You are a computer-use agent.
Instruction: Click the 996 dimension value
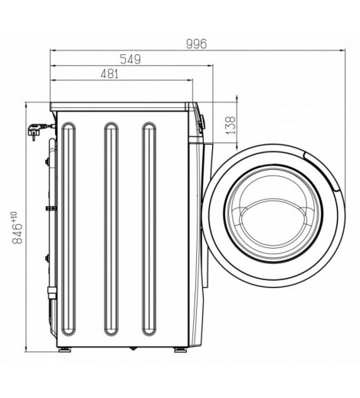[196, 44]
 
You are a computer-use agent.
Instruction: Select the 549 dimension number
[130, 59]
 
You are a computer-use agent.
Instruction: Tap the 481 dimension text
[110, 74]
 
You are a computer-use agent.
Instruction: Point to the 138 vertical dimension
[231, 126]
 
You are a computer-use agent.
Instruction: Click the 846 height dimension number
[17, 233]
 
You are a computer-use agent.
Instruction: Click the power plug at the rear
[36, 131]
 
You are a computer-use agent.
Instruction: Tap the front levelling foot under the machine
[181, 350]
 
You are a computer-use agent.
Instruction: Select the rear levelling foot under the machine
[64, 350]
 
